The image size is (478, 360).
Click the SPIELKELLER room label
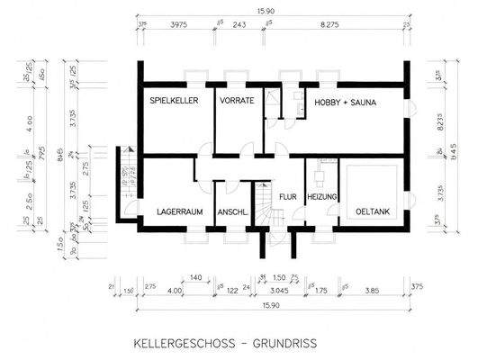pos(172,102)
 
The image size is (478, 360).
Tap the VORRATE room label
pos(236,102)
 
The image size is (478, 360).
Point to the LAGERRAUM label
pos(179,212)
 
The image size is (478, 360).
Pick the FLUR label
pos(287,194)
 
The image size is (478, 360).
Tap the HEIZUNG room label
pos(321,194)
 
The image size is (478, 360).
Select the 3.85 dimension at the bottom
pos(373,291)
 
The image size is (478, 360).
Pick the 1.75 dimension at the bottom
pos(322,291)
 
